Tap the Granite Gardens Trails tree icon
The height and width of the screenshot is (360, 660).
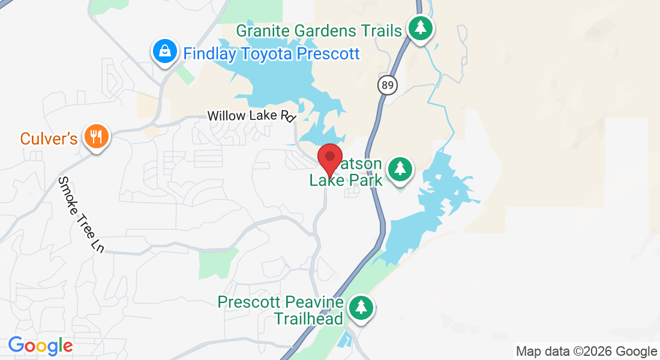[x=421, y=28]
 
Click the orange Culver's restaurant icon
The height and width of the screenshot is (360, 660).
[x=96, y=137]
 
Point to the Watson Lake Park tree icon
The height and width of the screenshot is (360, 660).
[x=400, y=169]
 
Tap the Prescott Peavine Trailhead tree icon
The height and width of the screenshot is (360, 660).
[x=360, y=307]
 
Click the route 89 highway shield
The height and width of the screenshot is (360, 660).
[x=388, y=85]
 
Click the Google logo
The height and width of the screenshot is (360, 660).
[x=40, y=346]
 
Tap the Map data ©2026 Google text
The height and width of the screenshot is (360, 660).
[x=586, y=352]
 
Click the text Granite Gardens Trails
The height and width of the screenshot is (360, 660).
[x=319, y=31]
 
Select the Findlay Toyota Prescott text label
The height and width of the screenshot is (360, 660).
[x=271, y=54]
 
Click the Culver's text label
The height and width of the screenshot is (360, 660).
[x=49, y=139]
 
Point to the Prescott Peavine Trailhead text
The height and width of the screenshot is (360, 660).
[x=281, y=310]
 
